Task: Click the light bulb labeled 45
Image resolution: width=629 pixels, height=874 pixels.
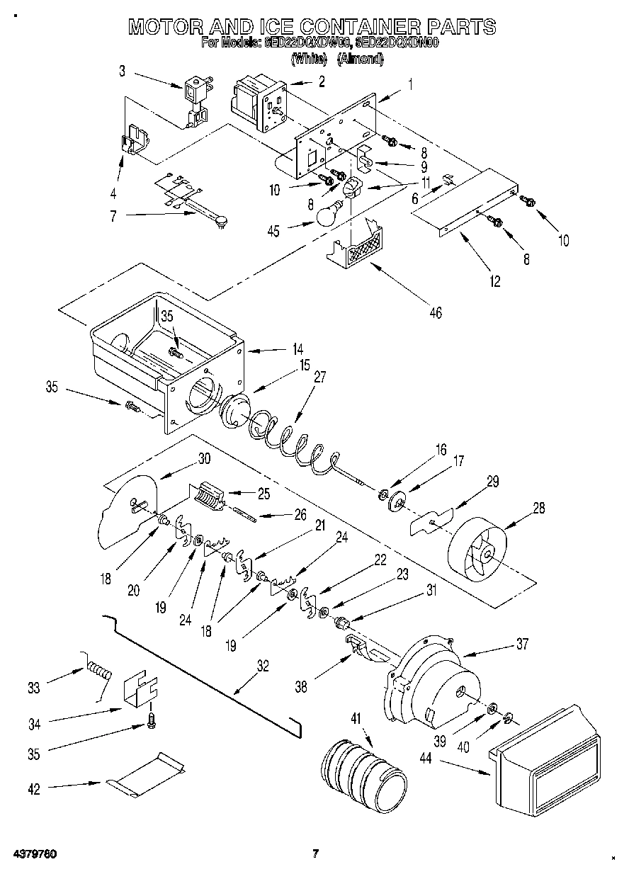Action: coord(328,215)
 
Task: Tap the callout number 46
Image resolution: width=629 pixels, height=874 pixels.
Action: coord(435,312)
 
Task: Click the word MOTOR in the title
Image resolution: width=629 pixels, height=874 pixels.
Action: coord(162,27)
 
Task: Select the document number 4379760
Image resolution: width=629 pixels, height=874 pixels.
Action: coord(35,853)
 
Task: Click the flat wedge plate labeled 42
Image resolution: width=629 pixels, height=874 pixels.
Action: coord(147,776)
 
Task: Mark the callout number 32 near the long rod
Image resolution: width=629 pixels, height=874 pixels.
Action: coord(263,665)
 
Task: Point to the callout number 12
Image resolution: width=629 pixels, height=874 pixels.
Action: coord(494,282)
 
